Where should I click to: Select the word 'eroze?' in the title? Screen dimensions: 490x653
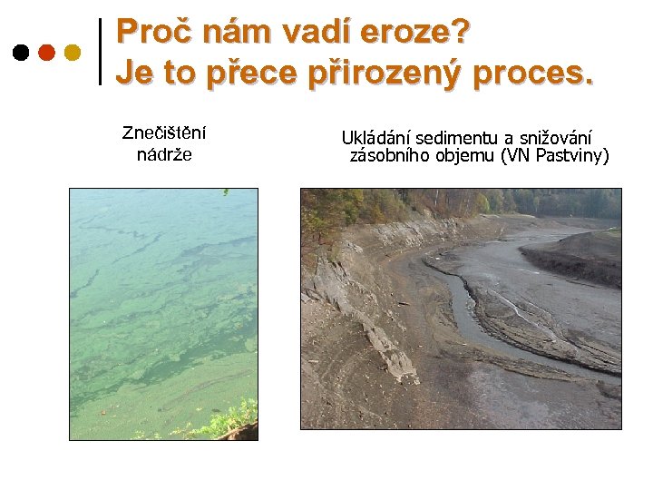tap(415, 32)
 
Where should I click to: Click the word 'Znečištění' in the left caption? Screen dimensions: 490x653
tap(164, 133)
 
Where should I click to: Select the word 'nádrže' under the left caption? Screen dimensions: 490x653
tap(164, 154)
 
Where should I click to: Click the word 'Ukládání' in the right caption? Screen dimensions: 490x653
tap(375, 138)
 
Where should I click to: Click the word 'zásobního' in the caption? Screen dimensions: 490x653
tap(388, 156)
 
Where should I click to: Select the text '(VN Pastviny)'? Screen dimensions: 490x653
tap(555, 156)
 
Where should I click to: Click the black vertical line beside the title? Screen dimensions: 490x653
tap(99, 52)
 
